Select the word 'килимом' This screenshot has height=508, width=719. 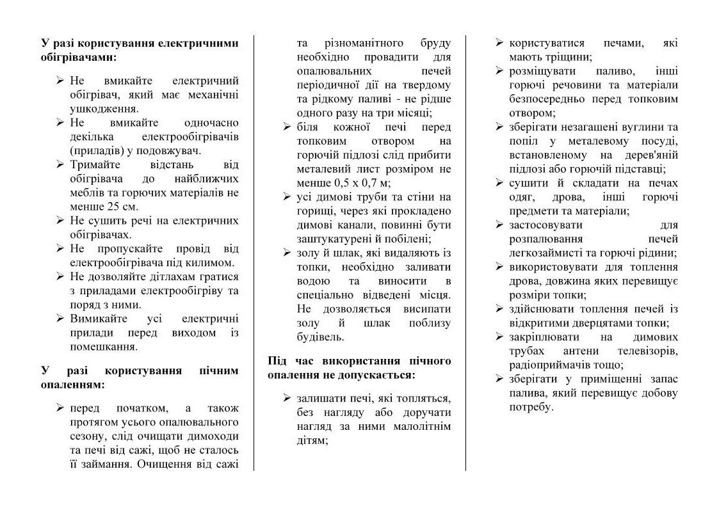coord(214,262)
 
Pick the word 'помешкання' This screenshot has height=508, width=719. coord(104,346)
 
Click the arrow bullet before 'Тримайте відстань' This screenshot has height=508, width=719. coord(60,164)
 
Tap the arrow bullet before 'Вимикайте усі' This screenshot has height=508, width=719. coord(60,319)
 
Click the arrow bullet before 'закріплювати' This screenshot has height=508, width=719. coord(499,337)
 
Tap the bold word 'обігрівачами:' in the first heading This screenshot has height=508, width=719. coord(79,57)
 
